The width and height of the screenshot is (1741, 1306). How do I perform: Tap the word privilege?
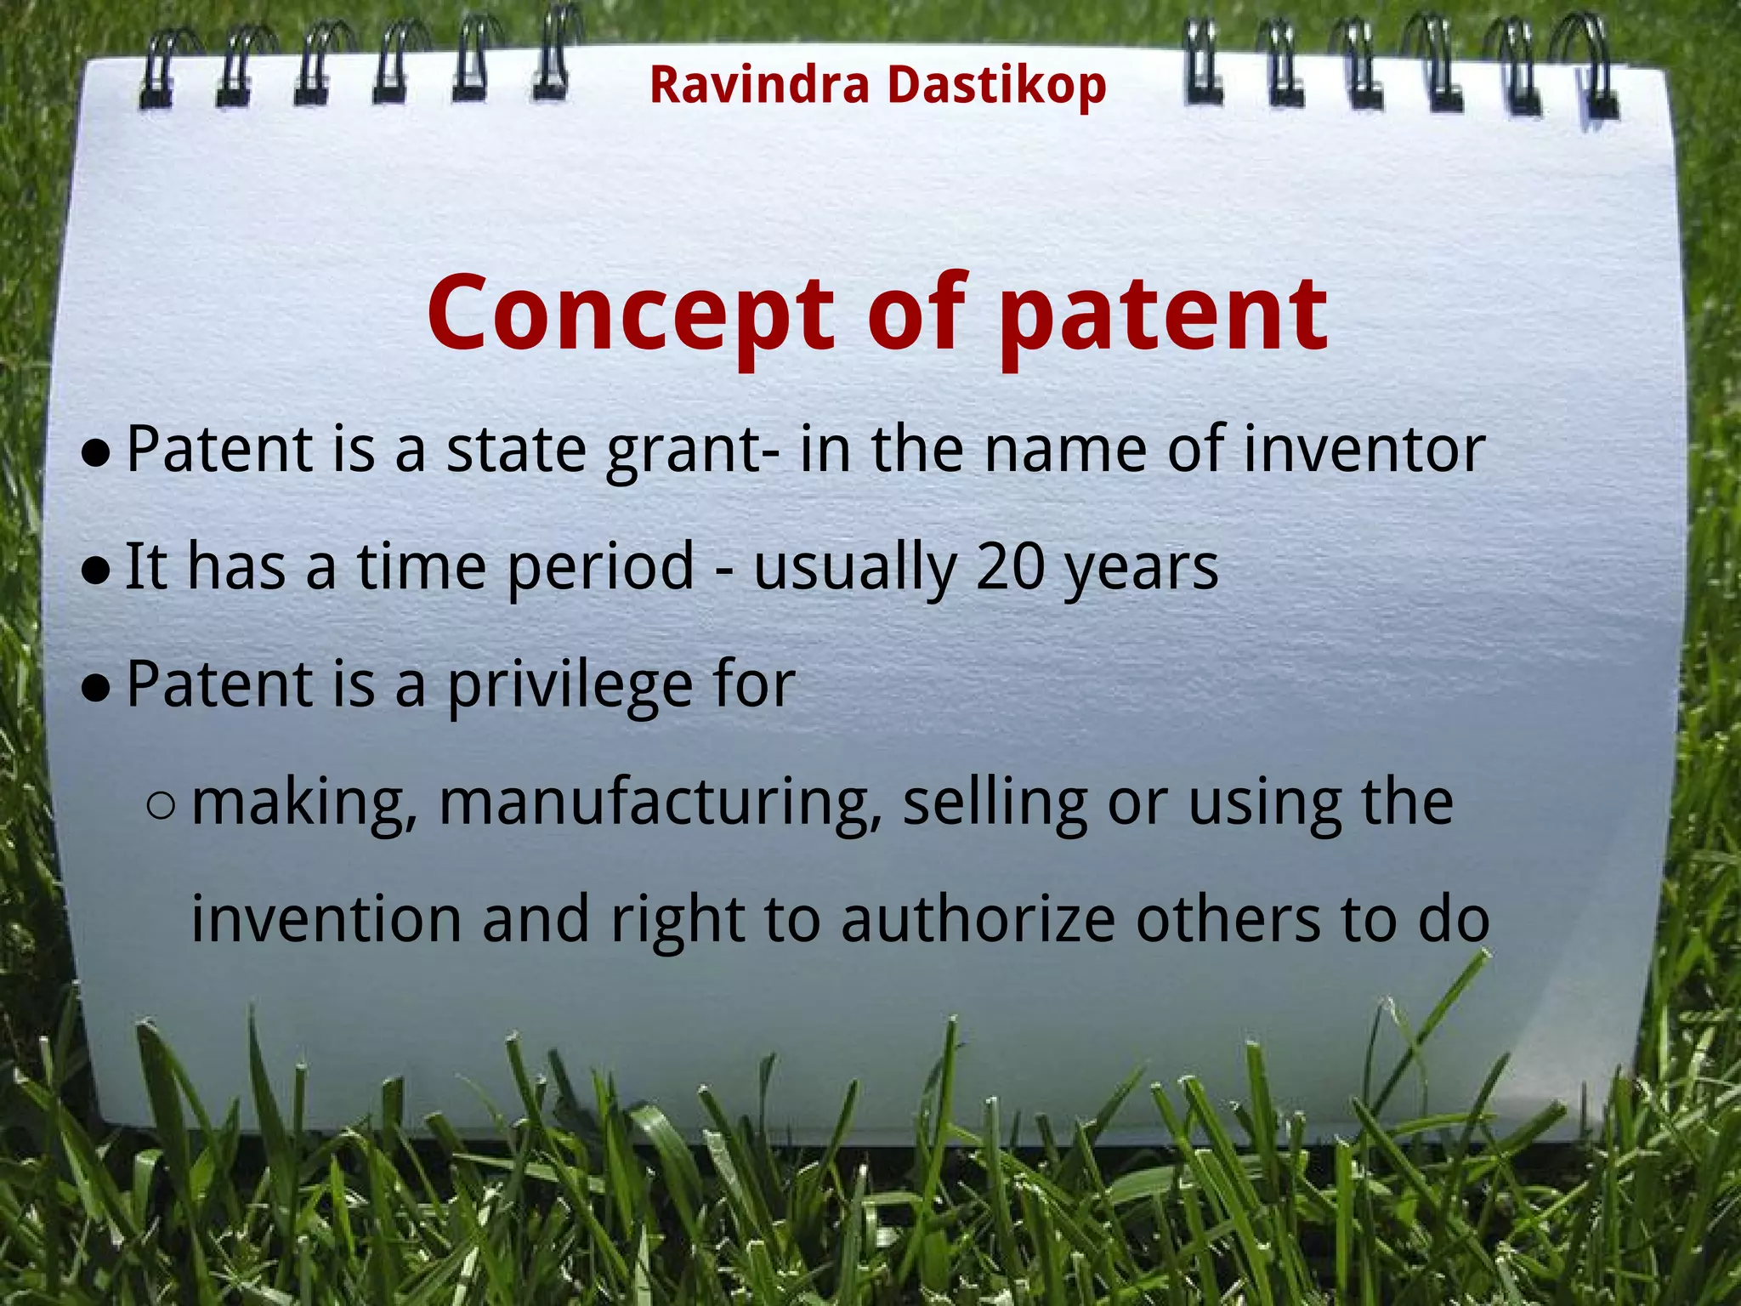tap(570, 685)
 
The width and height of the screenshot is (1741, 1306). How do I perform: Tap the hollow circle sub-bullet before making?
tap(161, 804)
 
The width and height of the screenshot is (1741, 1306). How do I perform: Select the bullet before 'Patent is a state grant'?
tap(96, 453)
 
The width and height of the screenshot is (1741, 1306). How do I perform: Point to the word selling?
tap(995, 803)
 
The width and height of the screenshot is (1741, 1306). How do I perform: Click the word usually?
tap(854, 568)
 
